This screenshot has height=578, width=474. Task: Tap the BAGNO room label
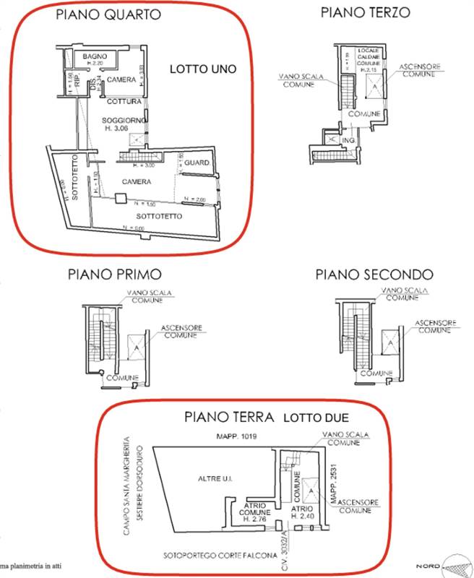click(x=94, y=56)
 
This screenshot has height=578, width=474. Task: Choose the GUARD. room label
click(x=196, y=164)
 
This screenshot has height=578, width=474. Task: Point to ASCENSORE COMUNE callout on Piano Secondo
click(x=436, y=325)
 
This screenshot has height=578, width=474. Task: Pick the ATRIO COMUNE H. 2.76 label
click(x=255, y=510)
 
